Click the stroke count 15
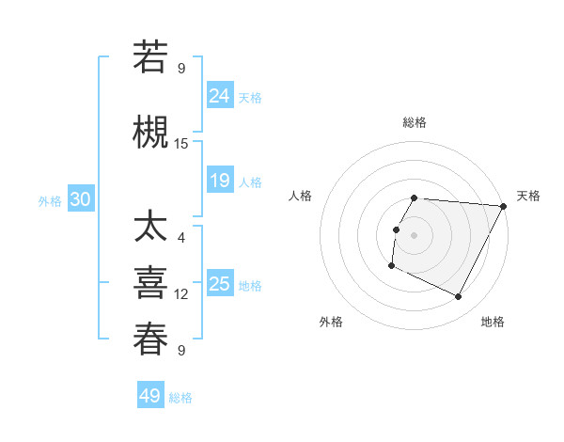tap(181, 144)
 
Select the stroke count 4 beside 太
tap(181, 237)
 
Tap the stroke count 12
tap(181, 294)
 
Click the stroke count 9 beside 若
tap(181, 69)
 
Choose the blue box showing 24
tap(220, 95)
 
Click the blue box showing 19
tap(220, 180)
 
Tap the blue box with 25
tap(220, 283)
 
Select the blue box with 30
tap(81, 198)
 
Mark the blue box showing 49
tap(150, 396)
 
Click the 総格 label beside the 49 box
tap(180, 398)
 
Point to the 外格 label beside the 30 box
tap(50, 200)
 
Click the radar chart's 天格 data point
tap(503, 206)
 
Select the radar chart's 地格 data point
tap(459, 297)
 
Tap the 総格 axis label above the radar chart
tap(415, 122)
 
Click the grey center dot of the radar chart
tap(415, 235)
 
